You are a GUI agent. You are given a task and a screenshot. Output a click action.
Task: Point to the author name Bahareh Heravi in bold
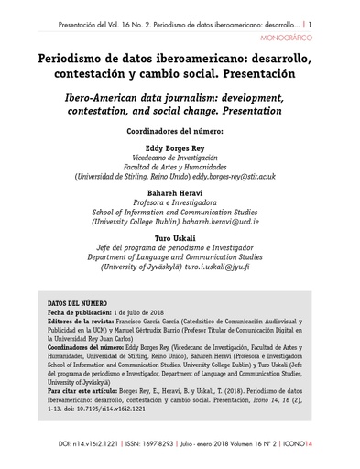tap(180, 193)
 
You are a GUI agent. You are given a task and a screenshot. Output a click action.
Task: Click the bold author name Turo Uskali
tap(180, 241)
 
